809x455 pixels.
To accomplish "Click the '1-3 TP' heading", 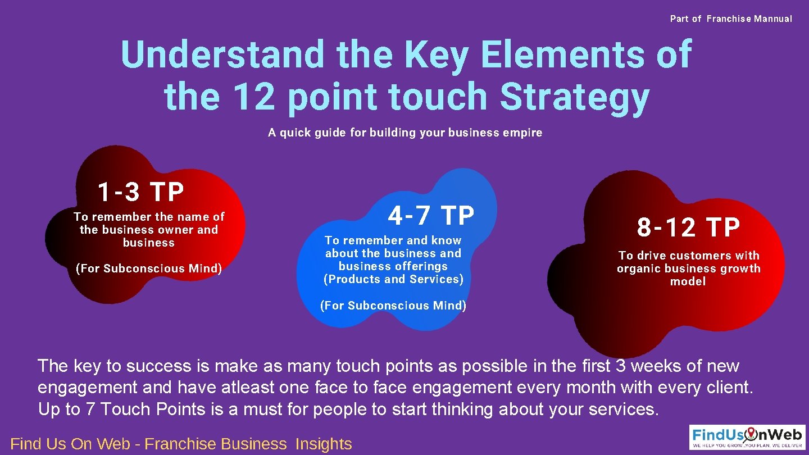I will tap(140, 192).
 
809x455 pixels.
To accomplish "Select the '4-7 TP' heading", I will tap(431, 215).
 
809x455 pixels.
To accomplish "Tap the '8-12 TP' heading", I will tap(688, 228).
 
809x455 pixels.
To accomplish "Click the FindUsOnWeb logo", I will tap(747, 437).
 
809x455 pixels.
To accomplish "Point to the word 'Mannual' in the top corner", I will tap(773, 19).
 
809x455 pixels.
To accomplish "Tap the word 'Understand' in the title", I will tap(222, 54).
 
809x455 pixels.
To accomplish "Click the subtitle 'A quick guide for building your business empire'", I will tap(405, 133).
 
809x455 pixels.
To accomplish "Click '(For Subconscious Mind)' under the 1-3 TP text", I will tap(149, 269).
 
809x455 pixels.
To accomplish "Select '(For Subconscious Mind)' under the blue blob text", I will tap(393, 306).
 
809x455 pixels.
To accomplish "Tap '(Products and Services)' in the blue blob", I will tap(393, 279).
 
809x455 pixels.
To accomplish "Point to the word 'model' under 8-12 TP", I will tap(688, 281).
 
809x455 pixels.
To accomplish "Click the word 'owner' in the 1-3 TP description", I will tap(175, 230).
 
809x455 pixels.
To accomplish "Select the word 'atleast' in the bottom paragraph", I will tap(321, 388).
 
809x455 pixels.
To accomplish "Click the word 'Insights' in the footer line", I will tap(324, 444).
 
